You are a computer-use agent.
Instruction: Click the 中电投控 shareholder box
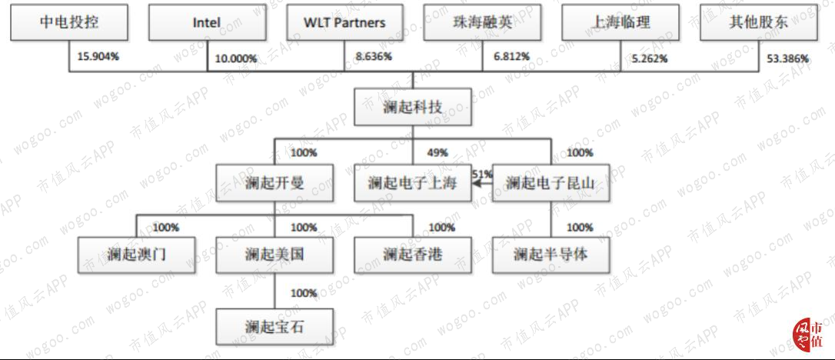[x=69, y=22]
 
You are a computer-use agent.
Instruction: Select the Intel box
[x=207, y=22]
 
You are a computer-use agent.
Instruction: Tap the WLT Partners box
[x=344, y=22]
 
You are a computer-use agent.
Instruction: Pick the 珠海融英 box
[x=482, y=22]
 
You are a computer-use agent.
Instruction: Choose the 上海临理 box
[x=620, y=22]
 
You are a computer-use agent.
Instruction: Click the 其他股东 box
[x=758, y=22]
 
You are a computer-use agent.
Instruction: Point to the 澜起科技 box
[x=413, y=106]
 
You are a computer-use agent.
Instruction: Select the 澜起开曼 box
[x=274, y=182]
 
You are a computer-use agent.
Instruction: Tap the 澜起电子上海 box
[x=413, y=182]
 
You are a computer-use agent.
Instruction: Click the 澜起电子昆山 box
[x=551, y=182]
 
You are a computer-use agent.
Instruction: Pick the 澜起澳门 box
[x=137, y=255]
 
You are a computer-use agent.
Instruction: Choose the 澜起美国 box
[x=274, y=255]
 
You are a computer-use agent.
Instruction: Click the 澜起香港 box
[x=413, y=255]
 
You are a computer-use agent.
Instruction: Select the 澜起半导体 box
[x=551, y=255]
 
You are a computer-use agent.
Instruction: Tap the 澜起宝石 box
[x=274, y=326]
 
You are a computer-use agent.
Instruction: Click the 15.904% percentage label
[x=98, y=56]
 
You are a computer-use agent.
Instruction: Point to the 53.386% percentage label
[x=787, y=58]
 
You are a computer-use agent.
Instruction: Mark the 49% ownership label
[x=436, y=153]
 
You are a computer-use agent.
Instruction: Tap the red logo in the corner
[x=807, y=335]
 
